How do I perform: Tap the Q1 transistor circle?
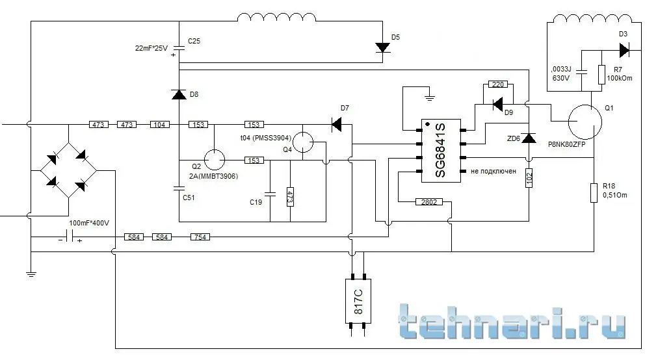[x=585, y=122]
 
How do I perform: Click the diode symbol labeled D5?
[x=382, y=47]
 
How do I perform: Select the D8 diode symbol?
[x=178, y=95]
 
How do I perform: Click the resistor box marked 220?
[x=498, y=85]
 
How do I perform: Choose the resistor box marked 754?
[x=200, y=238]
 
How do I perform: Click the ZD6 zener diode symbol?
[x=529, y=138]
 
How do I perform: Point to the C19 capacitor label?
[x=256, y=202]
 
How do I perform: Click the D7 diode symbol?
[x=336, y=123]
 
